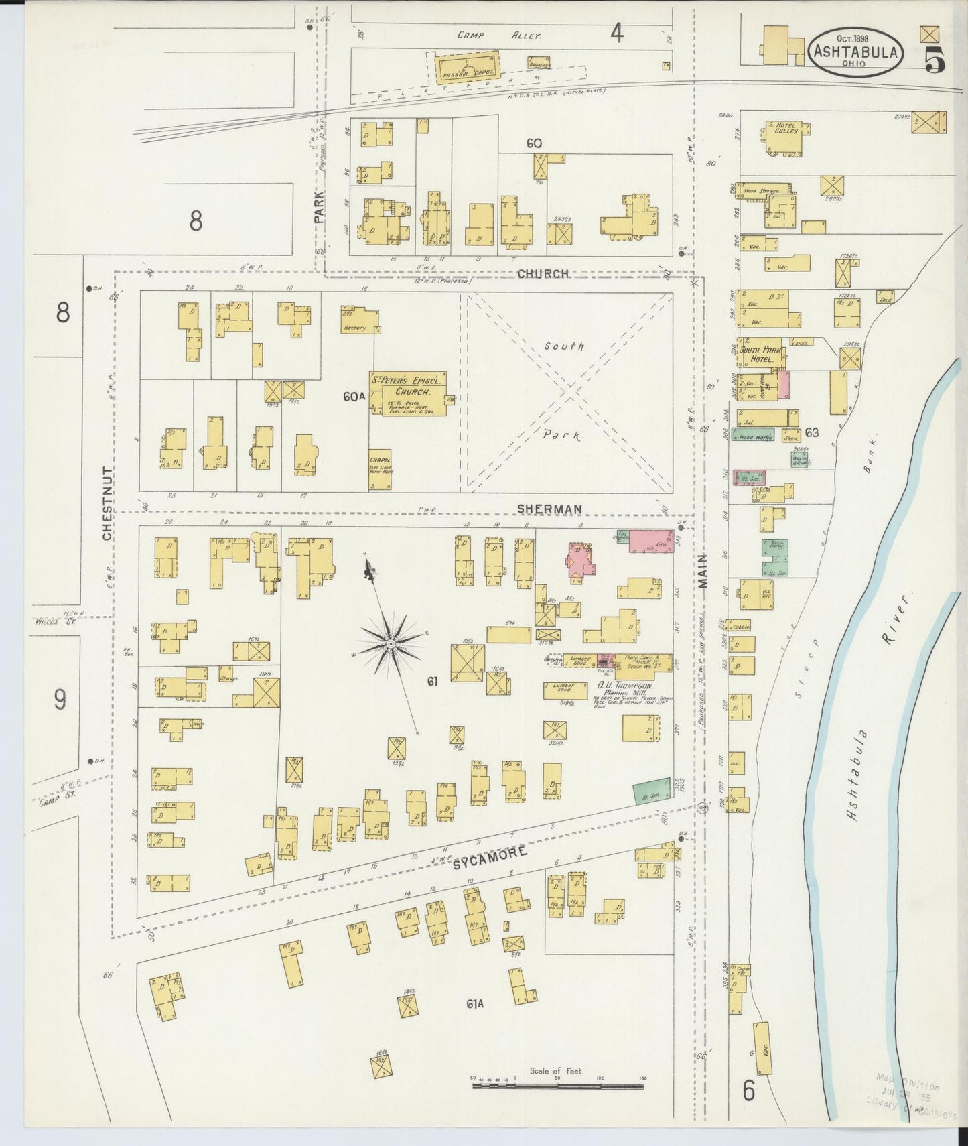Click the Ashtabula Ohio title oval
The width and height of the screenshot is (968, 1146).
click(855, 52)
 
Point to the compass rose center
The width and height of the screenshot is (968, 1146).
click(390, 644)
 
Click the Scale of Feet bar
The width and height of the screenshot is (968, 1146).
click(557, 1086)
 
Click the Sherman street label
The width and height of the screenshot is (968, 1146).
click(549, 509)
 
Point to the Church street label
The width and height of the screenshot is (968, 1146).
click(543, 274)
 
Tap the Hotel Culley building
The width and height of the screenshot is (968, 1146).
click(785, 137)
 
